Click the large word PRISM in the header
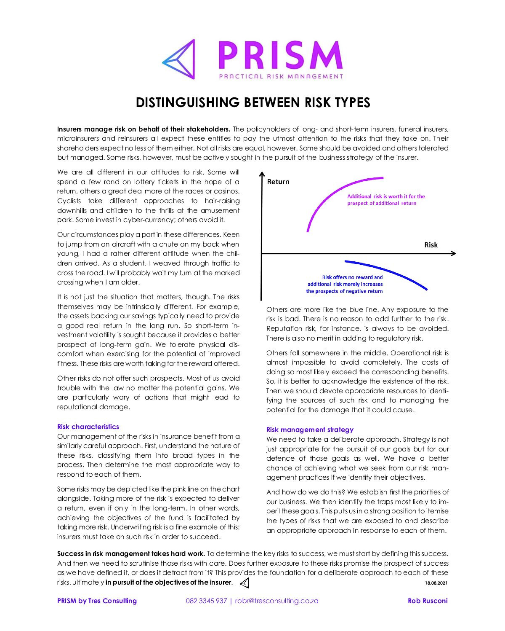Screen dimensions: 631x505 280,56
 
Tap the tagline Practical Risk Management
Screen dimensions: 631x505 281,76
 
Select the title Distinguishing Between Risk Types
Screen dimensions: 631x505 252,102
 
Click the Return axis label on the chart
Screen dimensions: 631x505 278,182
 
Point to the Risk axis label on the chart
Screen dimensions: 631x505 431,245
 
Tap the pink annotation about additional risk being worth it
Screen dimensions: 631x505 386,200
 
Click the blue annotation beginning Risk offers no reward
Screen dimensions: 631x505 345,284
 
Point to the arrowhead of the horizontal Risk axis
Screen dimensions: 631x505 453,253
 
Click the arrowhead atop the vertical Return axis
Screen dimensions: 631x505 262,174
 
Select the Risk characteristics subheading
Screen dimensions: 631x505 88,427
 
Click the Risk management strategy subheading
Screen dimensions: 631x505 310,430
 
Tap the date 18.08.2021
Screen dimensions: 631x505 437,583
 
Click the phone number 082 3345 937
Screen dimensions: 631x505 206,601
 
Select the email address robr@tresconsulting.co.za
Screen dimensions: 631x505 276,601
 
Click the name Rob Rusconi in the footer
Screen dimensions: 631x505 428,601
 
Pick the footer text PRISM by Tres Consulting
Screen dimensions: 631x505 97,601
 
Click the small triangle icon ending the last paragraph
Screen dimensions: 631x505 245,583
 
